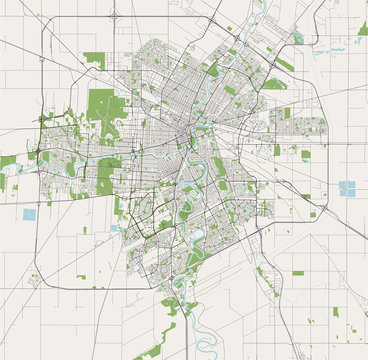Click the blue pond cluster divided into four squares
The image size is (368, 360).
pos(348,188)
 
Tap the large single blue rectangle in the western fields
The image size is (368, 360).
pos(29,213)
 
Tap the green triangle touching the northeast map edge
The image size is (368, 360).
pos(362,30)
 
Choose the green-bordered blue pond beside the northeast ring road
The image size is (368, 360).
pos(298,38)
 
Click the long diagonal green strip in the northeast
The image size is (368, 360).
pos(285,65)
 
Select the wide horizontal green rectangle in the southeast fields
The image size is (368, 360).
pos(298,272)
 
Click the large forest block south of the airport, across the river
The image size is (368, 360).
pos(107,175)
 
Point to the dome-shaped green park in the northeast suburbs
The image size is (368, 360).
pos(274,84)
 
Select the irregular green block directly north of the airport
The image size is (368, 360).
pos(94,59)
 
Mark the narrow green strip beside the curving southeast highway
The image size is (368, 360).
pos(263,274)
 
